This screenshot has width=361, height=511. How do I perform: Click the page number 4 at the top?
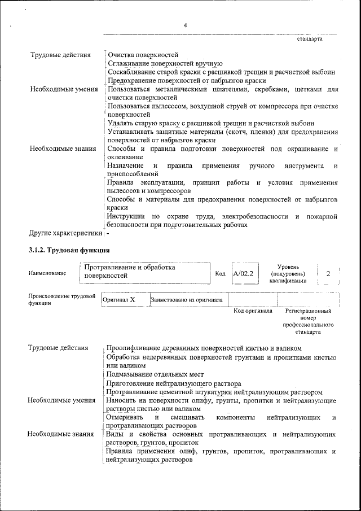[x=185, y=25]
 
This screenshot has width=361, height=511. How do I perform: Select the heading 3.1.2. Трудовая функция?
[x=69, y=250]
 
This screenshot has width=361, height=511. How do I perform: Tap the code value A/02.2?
[x=243, y=273]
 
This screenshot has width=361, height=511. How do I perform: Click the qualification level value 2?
[x=328, y=273]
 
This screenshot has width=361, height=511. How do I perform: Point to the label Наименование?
[x=47, y=273]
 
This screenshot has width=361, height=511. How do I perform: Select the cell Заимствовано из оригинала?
[x=186, y=300]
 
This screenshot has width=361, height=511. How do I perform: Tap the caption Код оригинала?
[x=253, y=311]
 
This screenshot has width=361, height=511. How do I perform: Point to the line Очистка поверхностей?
[x=143, y=55]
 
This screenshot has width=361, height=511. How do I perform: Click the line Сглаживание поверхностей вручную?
[x=165, y=64]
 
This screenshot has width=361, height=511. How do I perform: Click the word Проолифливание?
[x=134, y=348]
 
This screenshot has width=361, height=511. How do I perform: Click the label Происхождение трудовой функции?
[x=61, y=299]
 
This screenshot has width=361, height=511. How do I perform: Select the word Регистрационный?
[x=308, y=311]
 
